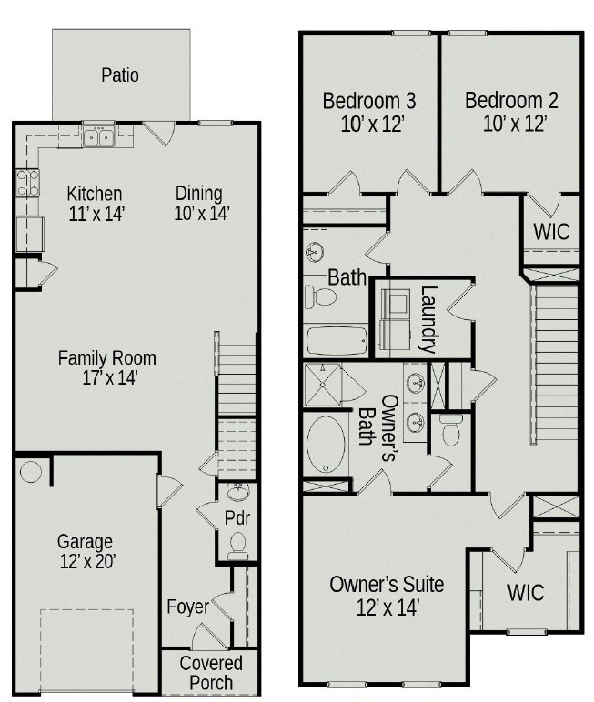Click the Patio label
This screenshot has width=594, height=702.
[120, 75]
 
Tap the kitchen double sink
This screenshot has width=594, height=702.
[96, 137]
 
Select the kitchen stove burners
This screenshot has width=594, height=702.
[27, 184]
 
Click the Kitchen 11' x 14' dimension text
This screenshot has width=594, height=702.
[96, 214]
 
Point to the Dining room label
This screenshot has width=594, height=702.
[198, 193]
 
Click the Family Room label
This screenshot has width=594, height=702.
[106, 357]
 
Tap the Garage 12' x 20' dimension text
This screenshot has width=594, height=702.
[86, 561]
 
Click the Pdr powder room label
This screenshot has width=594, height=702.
[237, 518]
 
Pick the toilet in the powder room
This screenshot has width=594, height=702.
[238, 545]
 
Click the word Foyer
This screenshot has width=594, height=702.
[187, 607]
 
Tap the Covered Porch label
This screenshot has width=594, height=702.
[211, 673]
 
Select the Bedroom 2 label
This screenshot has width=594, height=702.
[511, 100]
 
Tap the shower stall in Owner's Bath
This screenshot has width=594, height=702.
[321, 382]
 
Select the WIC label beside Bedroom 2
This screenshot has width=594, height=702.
[551, 231]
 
